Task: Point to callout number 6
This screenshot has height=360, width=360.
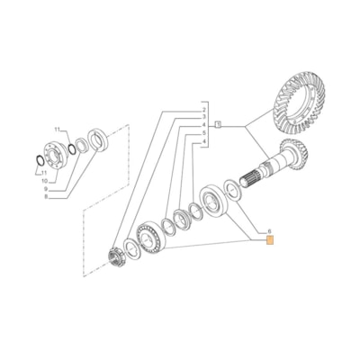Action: [x=268, y=232]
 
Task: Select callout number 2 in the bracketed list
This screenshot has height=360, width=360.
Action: [x=204, y=110]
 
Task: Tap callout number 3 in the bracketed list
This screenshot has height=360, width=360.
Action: [x=204, y=118]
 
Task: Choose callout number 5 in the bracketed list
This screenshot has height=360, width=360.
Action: [x=204, y=133]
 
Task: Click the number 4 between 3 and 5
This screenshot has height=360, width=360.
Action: [x=204, y=126]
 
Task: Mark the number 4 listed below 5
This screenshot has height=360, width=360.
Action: [x=204, y=141]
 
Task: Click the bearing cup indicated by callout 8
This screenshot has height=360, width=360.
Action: [x=98, y=142]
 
